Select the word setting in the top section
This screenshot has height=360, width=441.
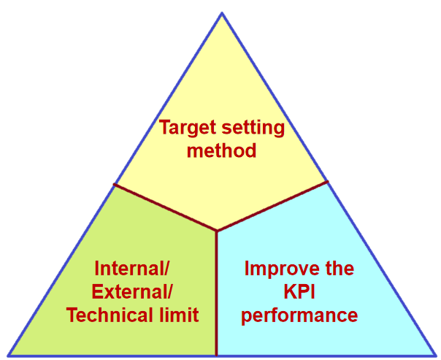[x=253, y=129]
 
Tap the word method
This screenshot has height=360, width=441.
[x=222, y=150]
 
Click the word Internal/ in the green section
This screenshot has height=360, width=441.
[x=132, y=268]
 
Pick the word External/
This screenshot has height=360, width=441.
[x=131, y=291]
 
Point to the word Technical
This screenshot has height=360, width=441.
[x=110, y=315]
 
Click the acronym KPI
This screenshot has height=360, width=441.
[x=299, y=291]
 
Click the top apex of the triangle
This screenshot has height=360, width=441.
[x=222, y=12]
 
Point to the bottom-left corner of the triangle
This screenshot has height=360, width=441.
[x=8, y=356]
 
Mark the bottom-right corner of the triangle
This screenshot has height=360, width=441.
[x=436, y=356]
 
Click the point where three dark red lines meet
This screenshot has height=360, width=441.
[x=217, y=231]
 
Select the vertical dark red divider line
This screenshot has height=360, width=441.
[x=217, y=294]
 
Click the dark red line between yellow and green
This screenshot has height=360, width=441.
[x=165, y=207]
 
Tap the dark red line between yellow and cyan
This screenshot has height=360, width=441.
[x=272, y=207]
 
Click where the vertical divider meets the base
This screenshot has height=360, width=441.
[x=217, y=356]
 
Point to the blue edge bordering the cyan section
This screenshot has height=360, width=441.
[x=382, y=269]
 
